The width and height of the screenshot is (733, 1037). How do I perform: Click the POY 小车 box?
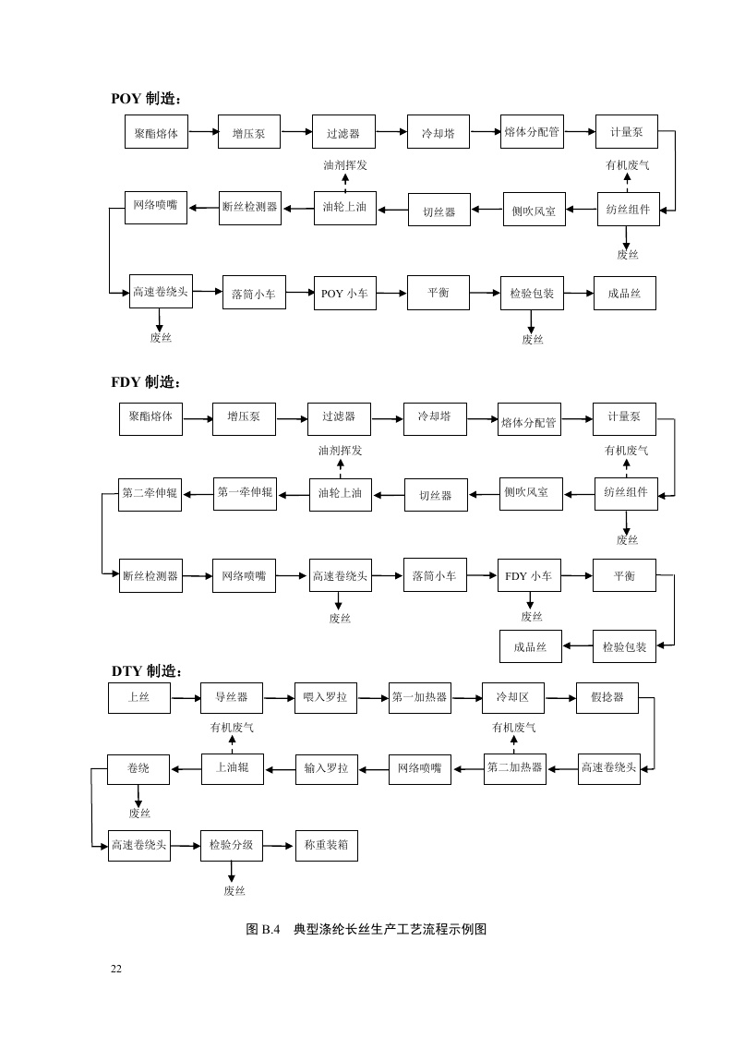click(x=343, y=294)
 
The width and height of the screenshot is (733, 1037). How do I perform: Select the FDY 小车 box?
click(x=528, y=575)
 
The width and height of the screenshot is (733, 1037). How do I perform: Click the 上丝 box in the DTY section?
click(x=138, y=697)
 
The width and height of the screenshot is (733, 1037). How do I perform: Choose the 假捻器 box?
click(x=607, y=697)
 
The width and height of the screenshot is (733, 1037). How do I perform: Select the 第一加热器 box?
click(x=419, y=697)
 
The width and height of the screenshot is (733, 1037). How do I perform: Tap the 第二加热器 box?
click(x=514, y=768)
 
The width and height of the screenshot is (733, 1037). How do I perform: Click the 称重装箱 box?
click(x=325, y=845)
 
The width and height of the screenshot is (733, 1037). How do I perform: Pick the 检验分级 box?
click(x=232, y=845)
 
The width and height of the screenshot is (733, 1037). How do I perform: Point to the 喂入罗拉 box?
click(x=325, y=697)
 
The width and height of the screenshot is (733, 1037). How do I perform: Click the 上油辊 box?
click(x=232, y=768)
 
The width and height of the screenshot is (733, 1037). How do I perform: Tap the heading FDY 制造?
click(x=146, y=381)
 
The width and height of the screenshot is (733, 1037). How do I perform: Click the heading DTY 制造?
click(x=147, y=671)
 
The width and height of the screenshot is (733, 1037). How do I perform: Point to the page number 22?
click(x=116, y=969)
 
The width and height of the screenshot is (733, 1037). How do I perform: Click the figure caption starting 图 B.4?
click(x=366, y=929)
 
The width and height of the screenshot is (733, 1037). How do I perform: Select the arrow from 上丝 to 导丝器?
click(x=186, y=698)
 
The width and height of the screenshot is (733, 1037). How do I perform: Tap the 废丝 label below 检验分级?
click(x=234, y=891)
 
